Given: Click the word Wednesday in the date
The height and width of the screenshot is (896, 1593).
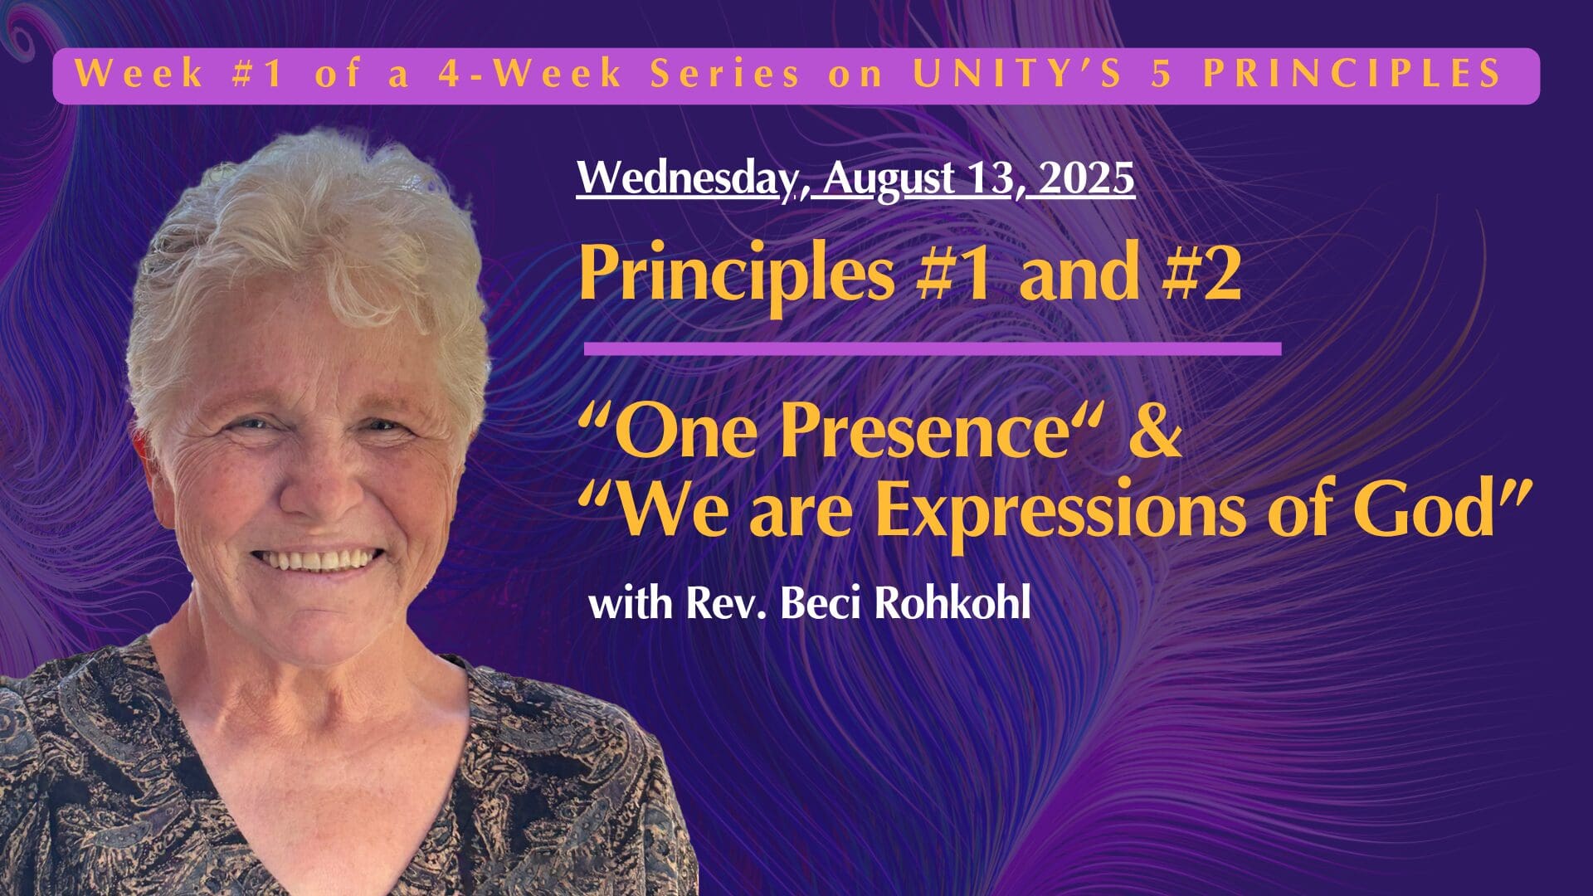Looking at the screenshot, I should pyautogui.click(x=682, y=178).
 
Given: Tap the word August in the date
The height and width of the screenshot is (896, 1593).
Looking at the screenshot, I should pyautogui.click(x=889, y=179).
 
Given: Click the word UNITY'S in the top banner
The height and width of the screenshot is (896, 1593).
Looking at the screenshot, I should pyautogui.click(x=1017, y=74).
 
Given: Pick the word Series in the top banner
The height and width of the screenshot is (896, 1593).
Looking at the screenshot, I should pyautogui.click(x=724, y=74).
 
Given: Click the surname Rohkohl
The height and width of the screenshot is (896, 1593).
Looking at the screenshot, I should pyautogui.click(x=952, y=602).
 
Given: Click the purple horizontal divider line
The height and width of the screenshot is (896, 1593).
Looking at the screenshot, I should pyautogui.click(x=932, y=348).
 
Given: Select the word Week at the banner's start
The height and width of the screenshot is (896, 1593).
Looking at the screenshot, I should pyautogui.click(x=139, y=74).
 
